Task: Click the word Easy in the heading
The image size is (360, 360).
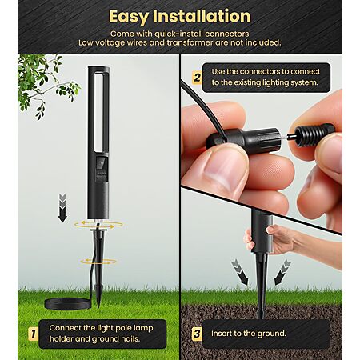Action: point(129,17)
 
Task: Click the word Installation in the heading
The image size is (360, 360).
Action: point(202,16)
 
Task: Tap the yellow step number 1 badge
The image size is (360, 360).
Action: point(33,334)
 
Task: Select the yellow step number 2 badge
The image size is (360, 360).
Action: point(197,78)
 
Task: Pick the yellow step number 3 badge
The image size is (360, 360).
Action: point(197,334)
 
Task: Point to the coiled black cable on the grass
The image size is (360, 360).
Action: point(67,303)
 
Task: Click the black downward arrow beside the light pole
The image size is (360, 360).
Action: point(62,208)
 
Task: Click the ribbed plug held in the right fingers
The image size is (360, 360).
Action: point(314,134)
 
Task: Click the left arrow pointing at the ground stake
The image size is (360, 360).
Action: point(240,272)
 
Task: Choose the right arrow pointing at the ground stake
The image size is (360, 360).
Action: point(282,272)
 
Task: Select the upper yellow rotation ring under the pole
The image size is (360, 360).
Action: point(98,224)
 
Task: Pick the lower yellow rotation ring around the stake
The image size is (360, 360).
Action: point(98,262)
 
